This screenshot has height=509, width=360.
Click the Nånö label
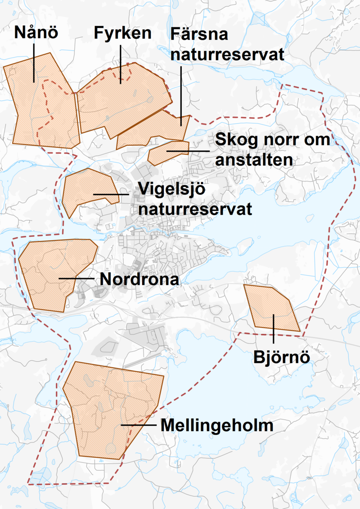(36, 32)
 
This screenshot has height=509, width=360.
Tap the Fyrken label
(122, 32)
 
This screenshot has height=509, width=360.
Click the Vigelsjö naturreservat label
(195, 198)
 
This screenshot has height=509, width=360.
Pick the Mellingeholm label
(217, 425)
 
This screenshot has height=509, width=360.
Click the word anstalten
(254, 160)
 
